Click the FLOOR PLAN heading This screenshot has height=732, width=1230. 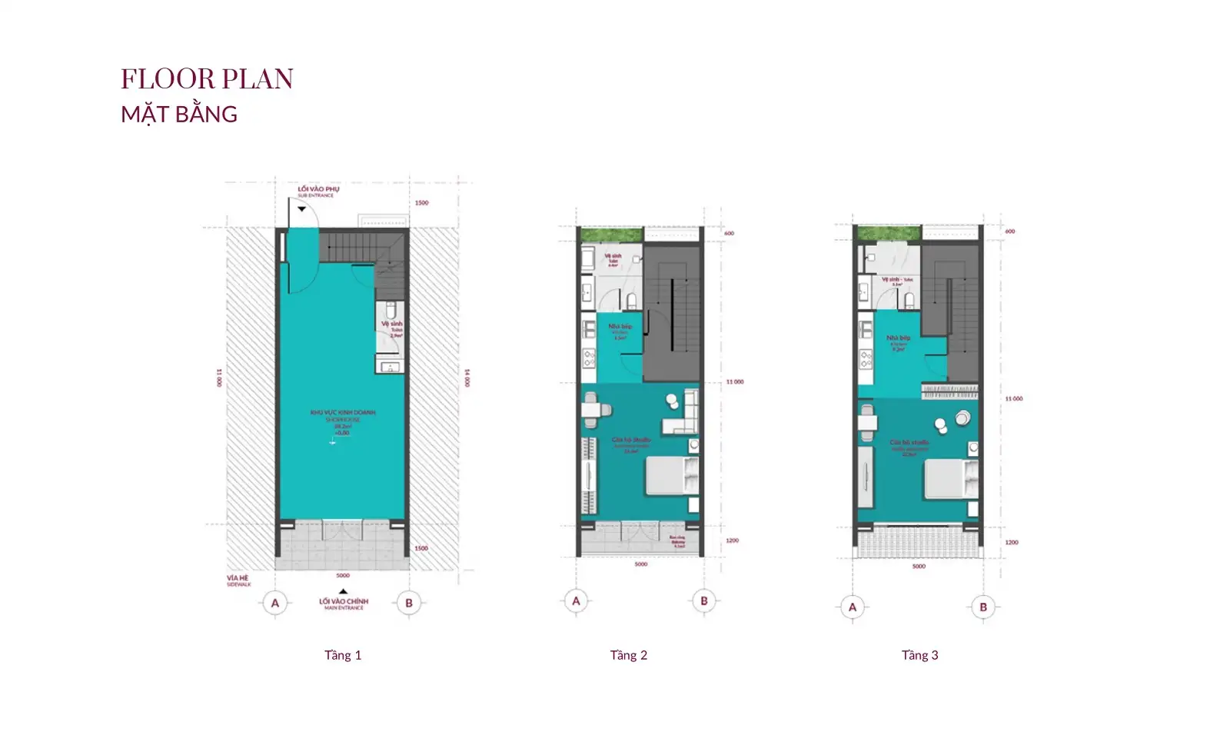[x=207, y=79]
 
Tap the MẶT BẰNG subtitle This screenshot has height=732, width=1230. [x=179, y=115]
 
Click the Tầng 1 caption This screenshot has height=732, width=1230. [x=343, y=655]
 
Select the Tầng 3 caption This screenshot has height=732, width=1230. [x=919, y=655]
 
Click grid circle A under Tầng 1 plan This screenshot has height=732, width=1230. [x=275, y=603]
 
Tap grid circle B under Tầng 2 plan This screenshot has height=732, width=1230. [x=703, y=601]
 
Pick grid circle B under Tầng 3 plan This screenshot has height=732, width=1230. [x=982, y=607]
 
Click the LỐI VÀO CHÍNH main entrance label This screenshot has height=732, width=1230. [x=344, y=604]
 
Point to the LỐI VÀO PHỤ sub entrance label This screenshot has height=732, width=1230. [x=317, y=191]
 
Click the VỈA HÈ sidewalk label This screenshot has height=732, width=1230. [x=238, y=580]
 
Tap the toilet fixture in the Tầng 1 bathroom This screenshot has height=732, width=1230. [x=391, y=311]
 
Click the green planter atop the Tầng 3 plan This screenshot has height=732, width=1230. [x=888, y=233]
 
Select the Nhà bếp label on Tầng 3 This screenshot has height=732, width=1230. [x=897, y=340]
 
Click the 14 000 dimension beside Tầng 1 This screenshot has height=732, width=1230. [x=466, y=378]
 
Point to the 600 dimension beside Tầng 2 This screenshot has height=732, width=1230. [x=729, y=233]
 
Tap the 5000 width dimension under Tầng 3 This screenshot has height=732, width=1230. [x=919, y=567]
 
